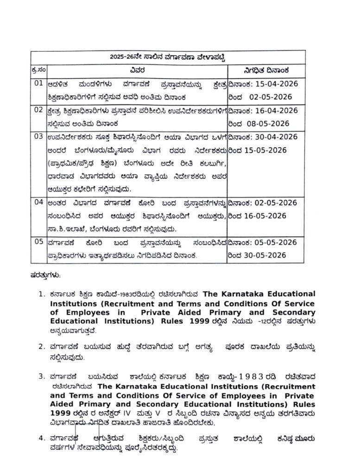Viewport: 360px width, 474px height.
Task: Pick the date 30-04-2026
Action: click(x=278, y=137)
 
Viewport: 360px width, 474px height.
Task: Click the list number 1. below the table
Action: click(x=42, y=294)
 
